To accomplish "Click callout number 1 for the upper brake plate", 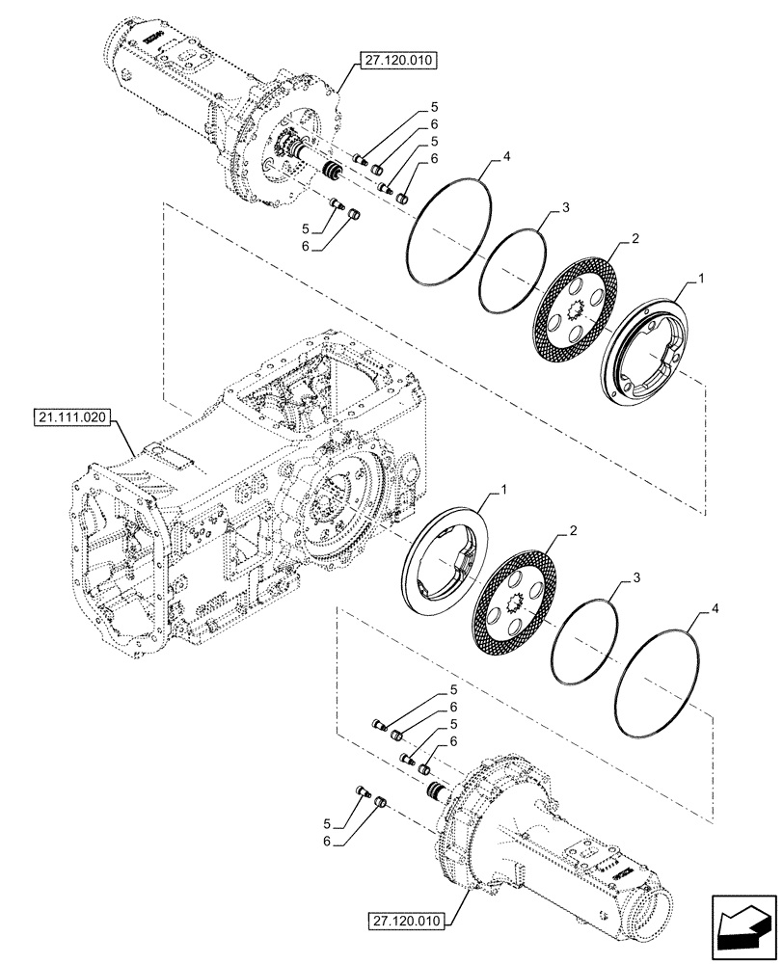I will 701,278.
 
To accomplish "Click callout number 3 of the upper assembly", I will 567,208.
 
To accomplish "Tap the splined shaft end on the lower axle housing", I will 435,791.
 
